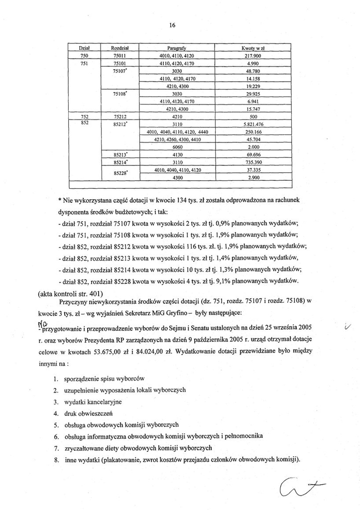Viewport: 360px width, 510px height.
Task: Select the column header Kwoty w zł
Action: pyautogui.click(x=252, y=48)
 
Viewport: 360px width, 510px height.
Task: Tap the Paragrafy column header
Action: pyautogui.click(x=176, y=48)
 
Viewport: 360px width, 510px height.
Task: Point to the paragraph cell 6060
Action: pyautogui.click(x=176, y=147)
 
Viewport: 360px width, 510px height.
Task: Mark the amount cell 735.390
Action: pyautogui.click(x=252, y=162)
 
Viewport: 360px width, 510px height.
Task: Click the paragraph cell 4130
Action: pyautogui.click(x=176, y=155)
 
